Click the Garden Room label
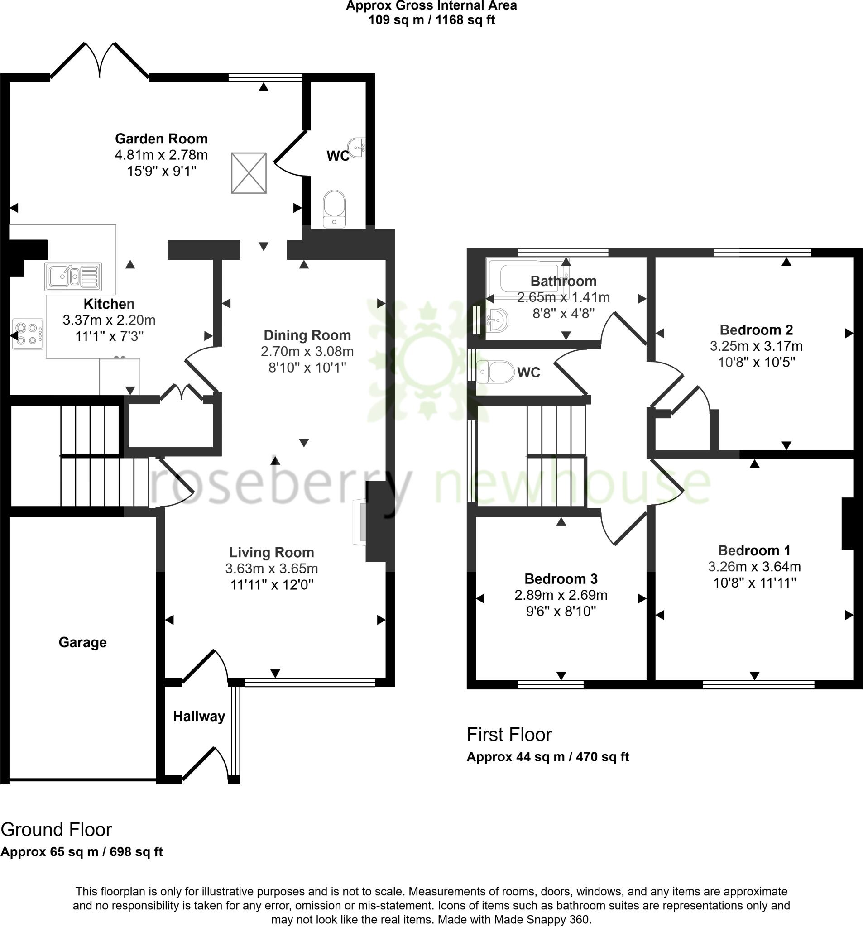click(x=161, y=139)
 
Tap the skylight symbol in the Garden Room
click(x=249, y=172)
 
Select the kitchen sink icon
click(x=73, y=276)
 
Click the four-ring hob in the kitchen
click(x=28, y=334)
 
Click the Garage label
click(x=82, y=642)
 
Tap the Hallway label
click(x=199, y=716)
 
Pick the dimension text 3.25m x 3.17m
click(x=756, y=346)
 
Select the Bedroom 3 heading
click(x=561, y=578)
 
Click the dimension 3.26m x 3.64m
click(x=754, y=567)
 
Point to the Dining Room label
click(x=307, y=335)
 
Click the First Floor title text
click(x=509, y=735)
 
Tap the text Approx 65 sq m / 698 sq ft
click(x=82, y=852)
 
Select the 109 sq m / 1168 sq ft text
click(x=431, y=20)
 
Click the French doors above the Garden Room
click(x=99, y=61)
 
